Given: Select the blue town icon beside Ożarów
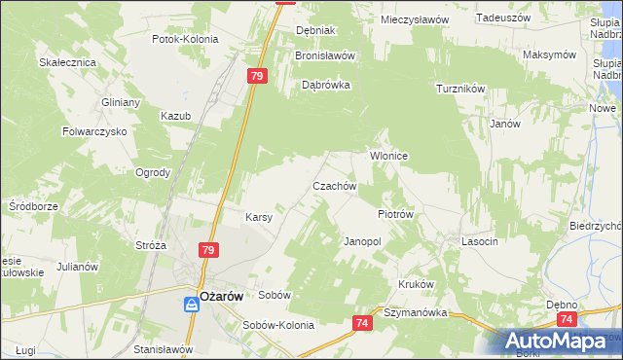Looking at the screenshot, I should click(193, 305).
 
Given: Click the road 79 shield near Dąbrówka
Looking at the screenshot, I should click(257, 76).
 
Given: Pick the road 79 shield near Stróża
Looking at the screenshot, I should click(207, 250).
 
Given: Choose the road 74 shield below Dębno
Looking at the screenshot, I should click(567, 318).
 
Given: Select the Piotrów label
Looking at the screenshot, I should click(395, 214).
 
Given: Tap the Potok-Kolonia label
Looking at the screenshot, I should click(185, 40).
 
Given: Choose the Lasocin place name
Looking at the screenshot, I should click(480, 241).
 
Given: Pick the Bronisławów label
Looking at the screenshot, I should click(325, 55).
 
